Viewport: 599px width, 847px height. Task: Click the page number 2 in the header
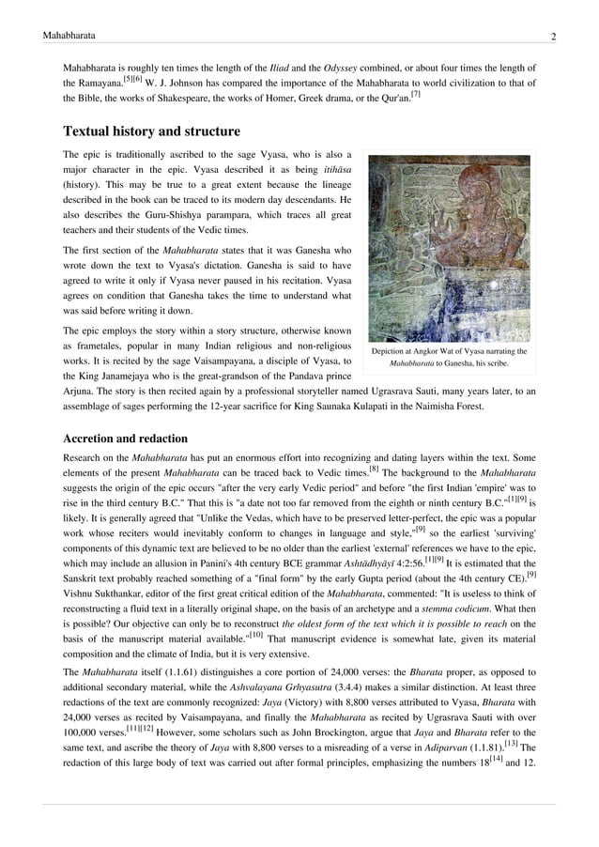coord(554,36)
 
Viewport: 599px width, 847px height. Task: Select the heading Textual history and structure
coord(151,131)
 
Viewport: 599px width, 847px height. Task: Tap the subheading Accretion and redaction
coord(125,439)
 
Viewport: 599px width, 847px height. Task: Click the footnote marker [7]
coord(416,93)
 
